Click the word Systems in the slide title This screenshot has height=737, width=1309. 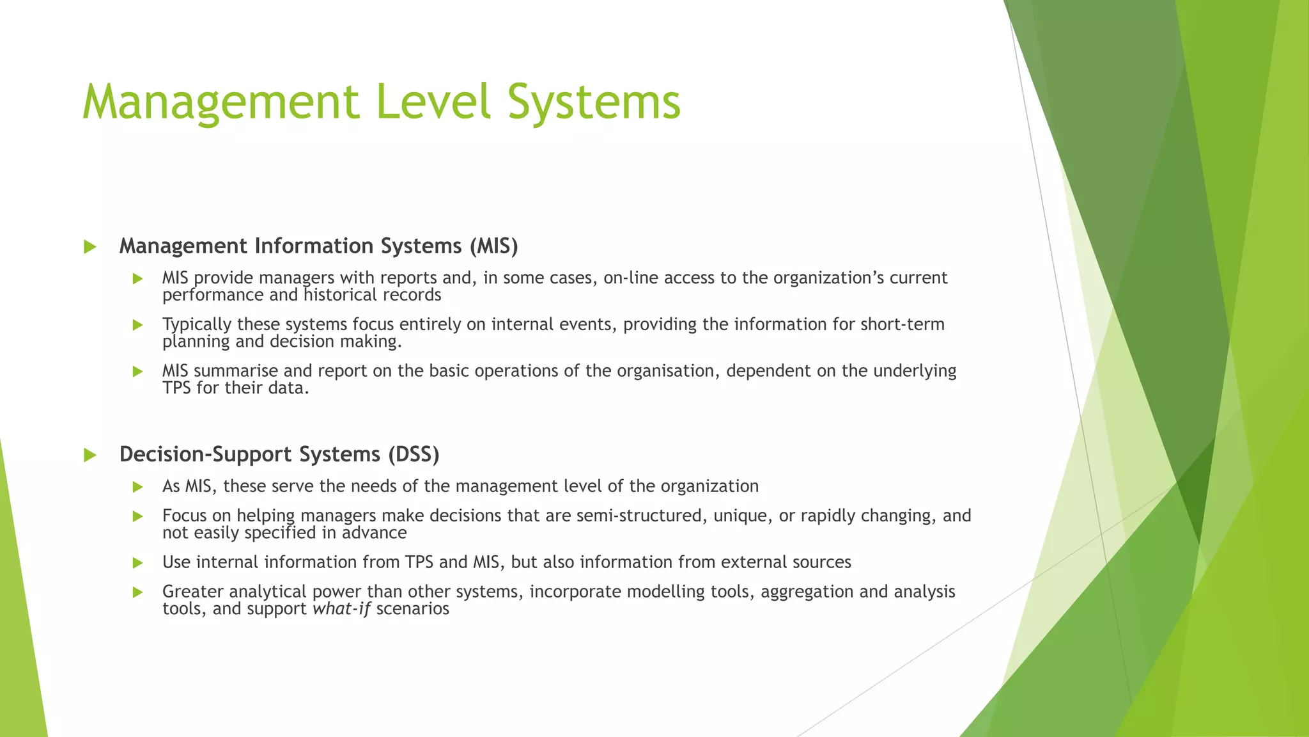pyautogui.click(x=594, y=102)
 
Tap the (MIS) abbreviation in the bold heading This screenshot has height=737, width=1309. pyautogui.click(x=493, y=246)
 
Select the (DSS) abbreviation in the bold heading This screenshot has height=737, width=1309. pyautogui.click(x=414, y=454)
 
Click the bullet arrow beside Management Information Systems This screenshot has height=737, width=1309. pyautogui.click(x=90, y=247)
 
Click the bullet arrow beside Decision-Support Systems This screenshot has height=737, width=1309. pyautogui.click(x=90, y=456)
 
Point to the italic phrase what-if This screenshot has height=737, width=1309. pyautogui.click(x=341, y=608)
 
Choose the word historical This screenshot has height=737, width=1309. pyautogui.click(x=339, y=295)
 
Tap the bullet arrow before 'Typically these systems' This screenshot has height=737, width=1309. pyautogui.click(x=137, y=325)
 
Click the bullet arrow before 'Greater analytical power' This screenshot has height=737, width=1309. pyautogui.click(x=137, y=592)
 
